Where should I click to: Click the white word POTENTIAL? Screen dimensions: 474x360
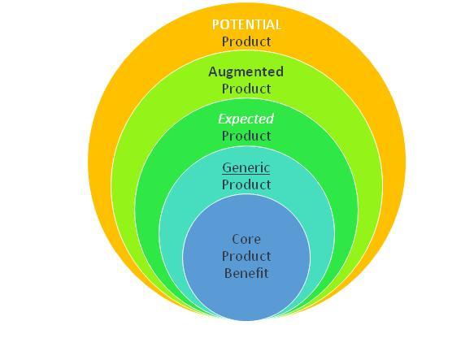click(x=246, y=24)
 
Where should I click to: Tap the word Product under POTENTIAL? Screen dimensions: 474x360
click(x=246, y=41)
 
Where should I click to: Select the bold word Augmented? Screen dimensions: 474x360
click(x=246, y=72)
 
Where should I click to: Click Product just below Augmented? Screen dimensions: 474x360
click(x=246, y=89)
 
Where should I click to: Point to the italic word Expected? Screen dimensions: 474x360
click(x=246, y=119)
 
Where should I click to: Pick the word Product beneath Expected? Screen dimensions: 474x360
click(x=246, y=136)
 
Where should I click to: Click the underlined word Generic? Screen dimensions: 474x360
click(x=246, y=167)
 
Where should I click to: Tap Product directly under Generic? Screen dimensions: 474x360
click(x=246, y=184)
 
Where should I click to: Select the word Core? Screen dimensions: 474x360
click(x=246, y=240)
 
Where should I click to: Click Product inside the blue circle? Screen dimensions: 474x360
click(x=246, y=256)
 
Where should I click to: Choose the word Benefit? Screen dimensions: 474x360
click(x=246, y=273)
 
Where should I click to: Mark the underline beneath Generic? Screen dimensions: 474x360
click(x=246, y=174)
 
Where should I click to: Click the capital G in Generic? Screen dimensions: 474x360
click(x=226, y=167)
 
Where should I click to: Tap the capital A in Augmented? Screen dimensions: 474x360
click(x=214, y=72)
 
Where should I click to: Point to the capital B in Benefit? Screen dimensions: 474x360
click(x=228, y=273)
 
